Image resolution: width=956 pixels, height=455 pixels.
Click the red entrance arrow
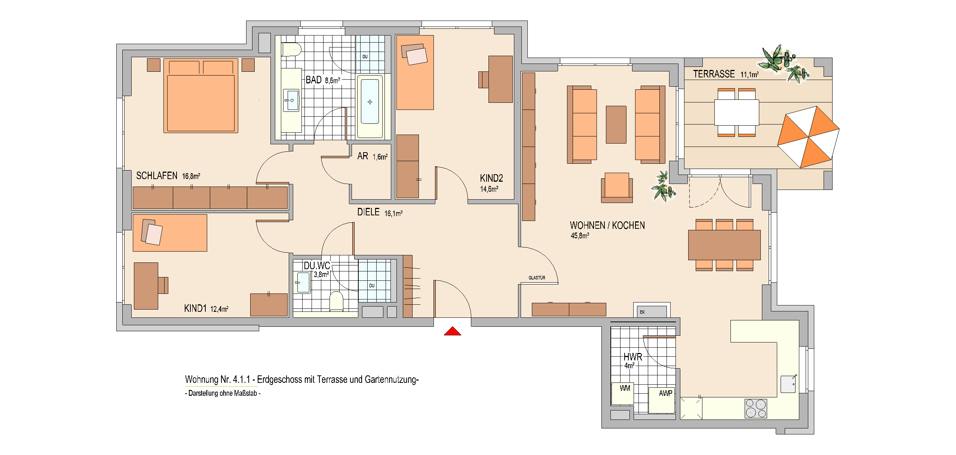click(452, 331)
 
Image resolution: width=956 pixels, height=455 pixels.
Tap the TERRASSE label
click(714, 74)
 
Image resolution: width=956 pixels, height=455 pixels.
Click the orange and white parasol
click(808, 137)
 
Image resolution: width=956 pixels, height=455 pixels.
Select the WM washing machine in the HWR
click(622, 393)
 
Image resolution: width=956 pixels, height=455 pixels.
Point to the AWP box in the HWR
click(662, 400)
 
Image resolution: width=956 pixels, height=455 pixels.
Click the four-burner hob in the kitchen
click(756, 408)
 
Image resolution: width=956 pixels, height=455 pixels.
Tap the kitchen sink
click(788, 384)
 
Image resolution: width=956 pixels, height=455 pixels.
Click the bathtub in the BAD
click(370, 107)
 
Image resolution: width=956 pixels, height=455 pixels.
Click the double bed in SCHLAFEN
click(200, 95)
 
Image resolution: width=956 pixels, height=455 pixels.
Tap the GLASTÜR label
click(537, 278)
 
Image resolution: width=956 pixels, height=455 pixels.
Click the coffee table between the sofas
click(616, 124)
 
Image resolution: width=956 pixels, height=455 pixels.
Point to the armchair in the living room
click(617, 188)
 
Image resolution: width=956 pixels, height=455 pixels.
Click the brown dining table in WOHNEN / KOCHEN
click(724, 245)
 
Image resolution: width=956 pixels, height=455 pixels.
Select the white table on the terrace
click(737, 112)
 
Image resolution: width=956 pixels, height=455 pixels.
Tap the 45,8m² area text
click(580, 236)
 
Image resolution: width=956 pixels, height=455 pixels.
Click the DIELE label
click(368, 212)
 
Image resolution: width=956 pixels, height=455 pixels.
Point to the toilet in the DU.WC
click(336, 301)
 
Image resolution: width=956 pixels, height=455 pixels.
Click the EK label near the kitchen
click(642, 312)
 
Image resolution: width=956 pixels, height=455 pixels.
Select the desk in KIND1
click(146, 286)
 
